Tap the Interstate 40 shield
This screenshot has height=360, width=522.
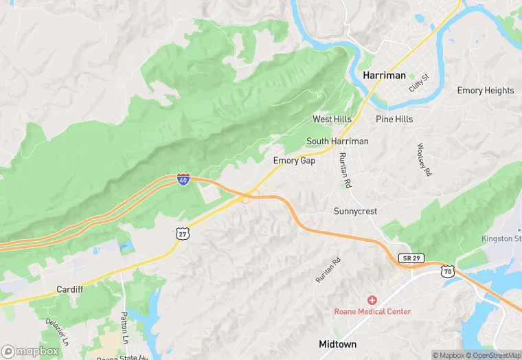(183, 179)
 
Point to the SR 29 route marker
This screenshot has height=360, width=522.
(411, 258)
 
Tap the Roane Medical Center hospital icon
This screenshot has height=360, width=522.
(372, 300)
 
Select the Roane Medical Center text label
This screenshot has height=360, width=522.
(372, 311)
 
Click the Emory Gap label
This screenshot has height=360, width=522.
(295, 160)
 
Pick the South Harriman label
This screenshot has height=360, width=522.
(337, 141)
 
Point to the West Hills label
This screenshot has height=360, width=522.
(332, 119)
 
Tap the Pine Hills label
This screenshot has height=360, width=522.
(394, 119)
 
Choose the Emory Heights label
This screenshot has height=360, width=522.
(485, 90)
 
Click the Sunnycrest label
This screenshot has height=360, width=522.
(355, 211)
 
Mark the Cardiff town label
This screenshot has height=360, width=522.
(69, 289)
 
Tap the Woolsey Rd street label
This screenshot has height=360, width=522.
(424, 160)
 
